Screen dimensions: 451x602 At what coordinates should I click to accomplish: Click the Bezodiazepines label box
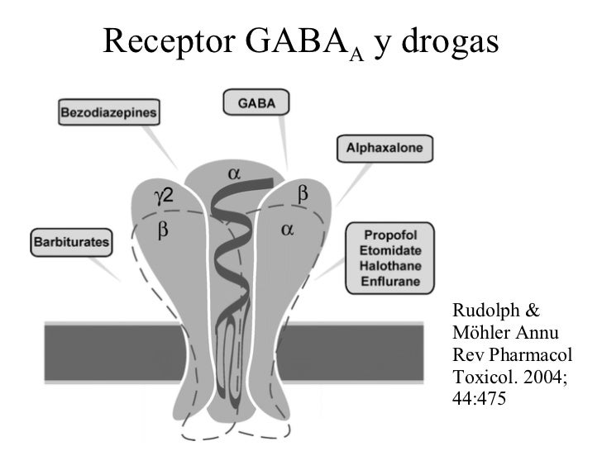point(107,112)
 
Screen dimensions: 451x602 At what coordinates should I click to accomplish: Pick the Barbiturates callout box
point(70,243)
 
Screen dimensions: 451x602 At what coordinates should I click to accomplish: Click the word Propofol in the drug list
point(392,234)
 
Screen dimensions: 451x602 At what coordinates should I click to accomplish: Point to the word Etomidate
point(392,249)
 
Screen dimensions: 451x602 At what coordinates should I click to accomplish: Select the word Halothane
point(392,265)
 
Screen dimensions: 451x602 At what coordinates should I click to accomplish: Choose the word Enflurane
point(392,281)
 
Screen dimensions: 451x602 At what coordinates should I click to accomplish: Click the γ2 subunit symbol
point(163,196)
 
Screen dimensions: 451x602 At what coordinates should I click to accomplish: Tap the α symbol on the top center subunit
point(234,174)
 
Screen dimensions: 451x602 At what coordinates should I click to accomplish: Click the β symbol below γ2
point(163,231)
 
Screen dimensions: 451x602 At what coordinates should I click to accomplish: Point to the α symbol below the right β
point(287,230)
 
